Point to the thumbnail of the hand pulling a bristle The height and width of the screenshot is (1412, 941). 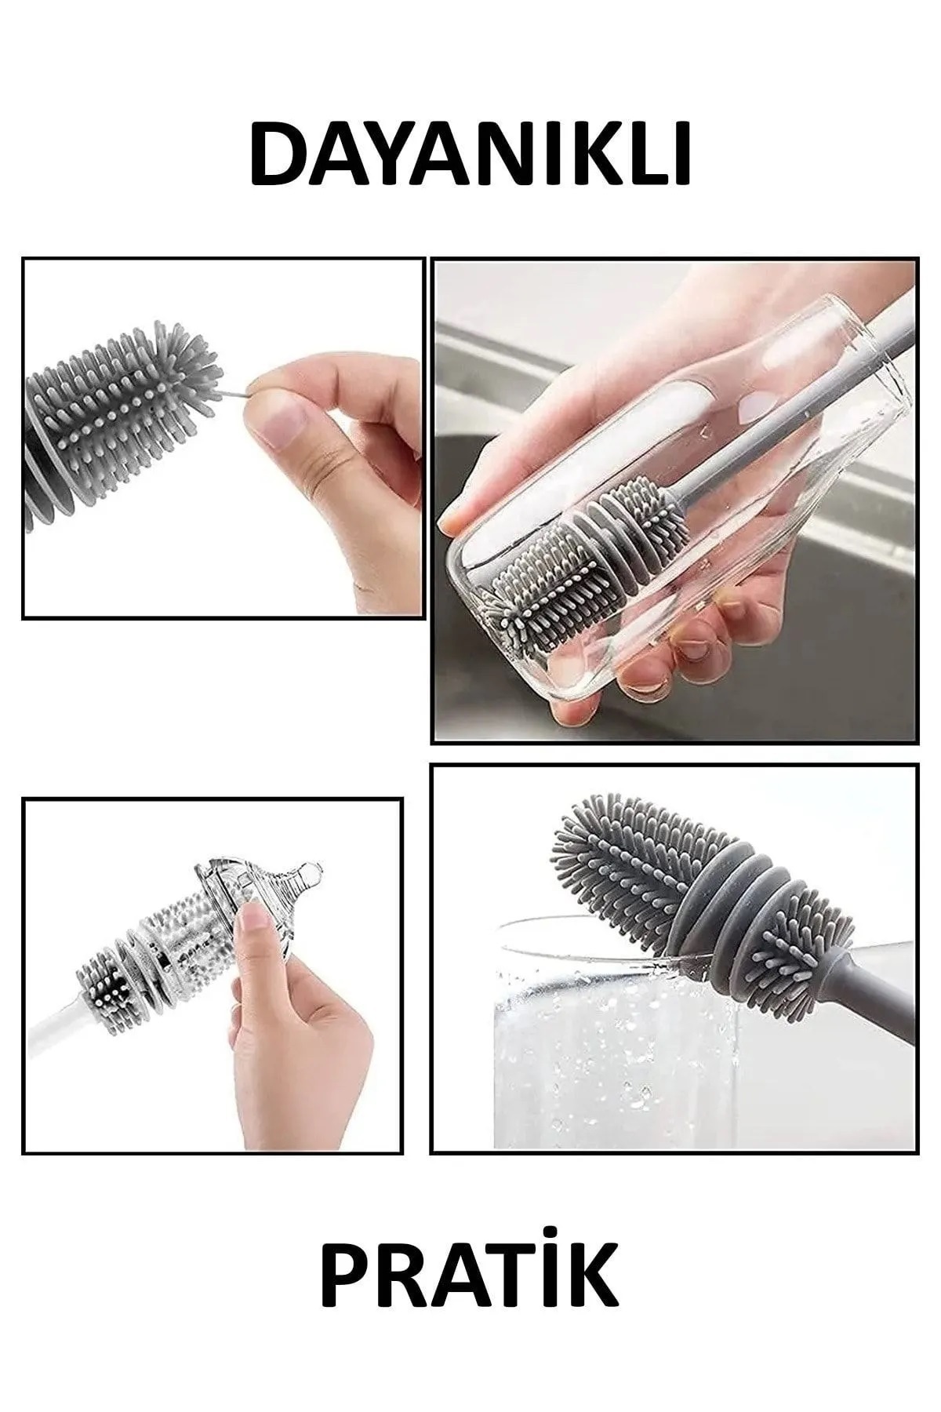pyautogui.click(x=223, y=439)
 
